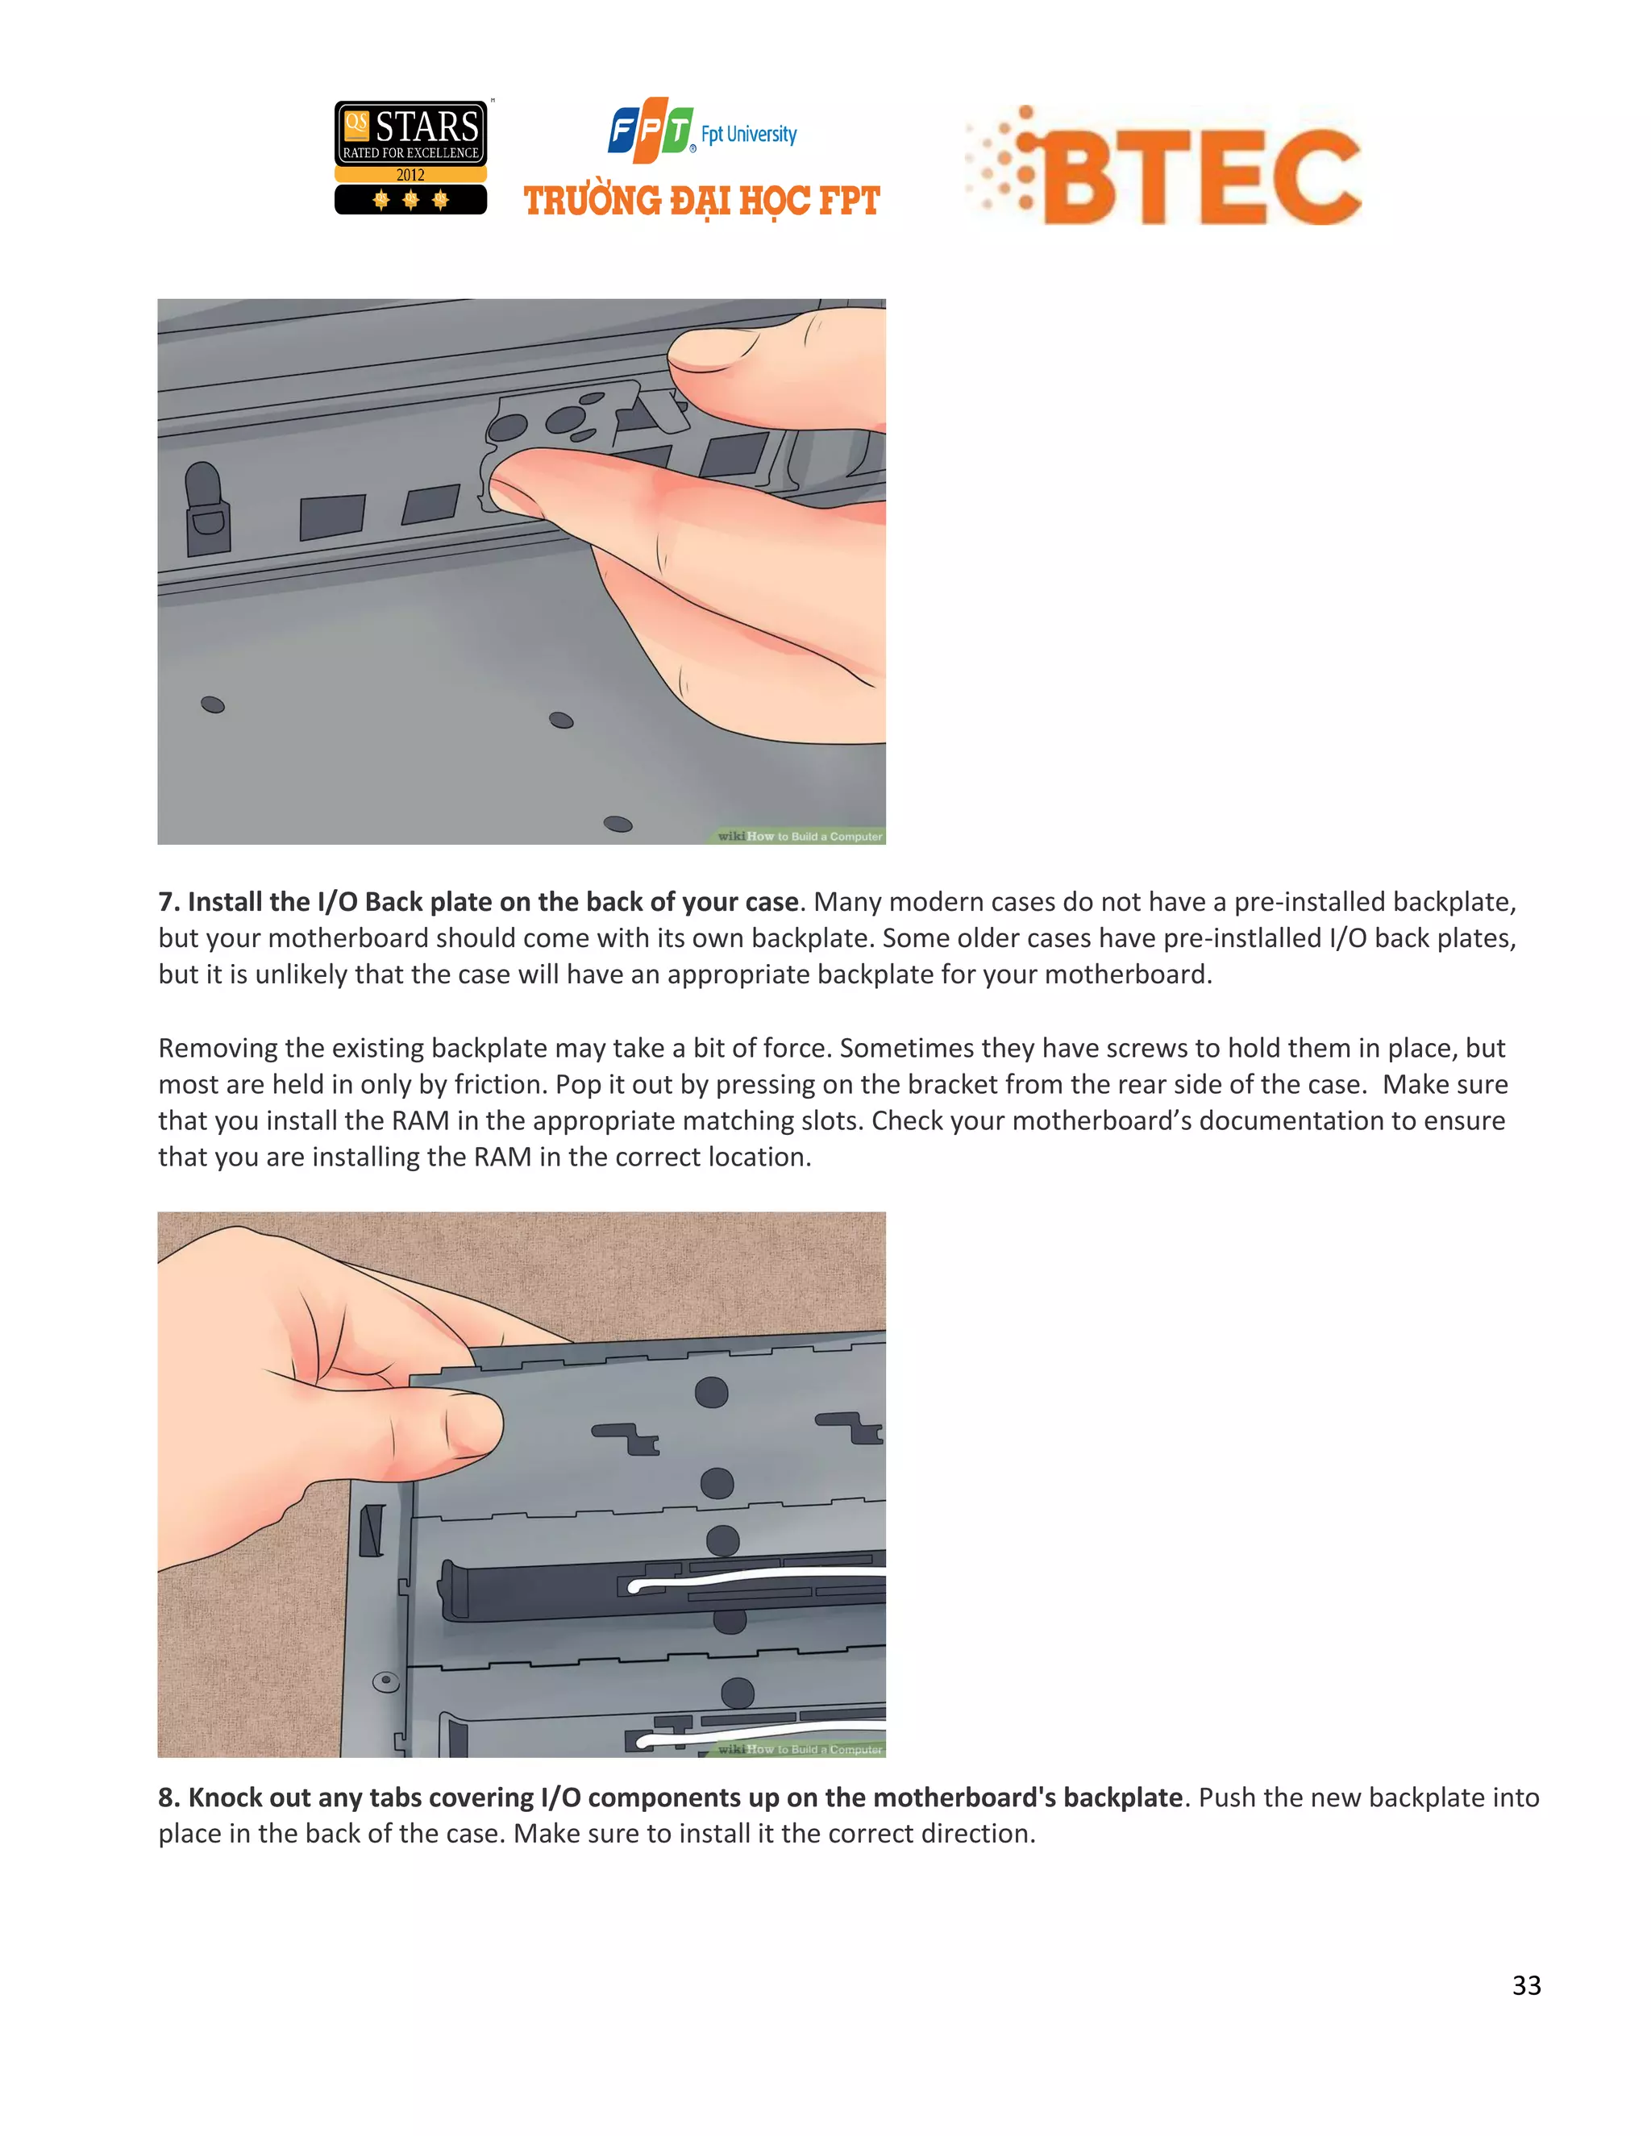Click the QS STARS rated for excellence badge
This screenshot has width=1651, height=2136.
pos(411,156)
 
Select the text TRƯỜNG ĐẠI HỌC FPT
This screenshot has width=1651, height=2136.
pos(701,202)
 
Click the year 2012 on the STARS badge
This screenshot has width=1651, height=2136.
pos(411,175)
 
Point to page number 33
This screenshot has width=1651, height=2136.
pos(1526,1984)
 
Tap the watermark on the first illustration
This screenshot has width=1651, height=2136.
pos(799,836)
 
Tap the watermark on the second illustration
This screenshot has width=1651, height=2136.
pos(799,1749)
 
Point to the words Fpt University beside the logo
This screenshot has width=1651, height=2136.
pos(748,134)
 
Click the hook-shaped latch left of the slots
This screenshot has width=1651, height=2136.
pos(206,509)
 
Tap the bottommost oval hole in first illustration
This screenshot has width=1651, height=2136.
pos(618,824)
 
